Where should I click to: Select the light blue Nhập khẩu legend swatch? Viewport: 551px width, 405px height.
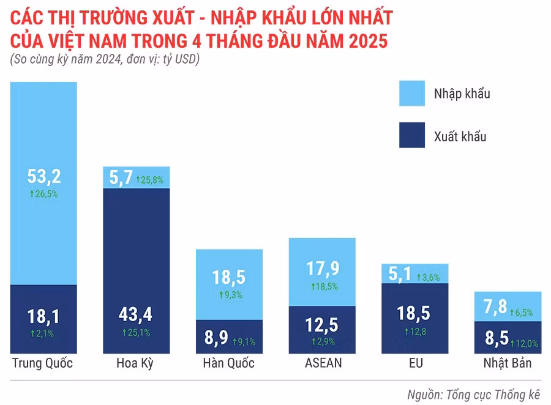(417, 94)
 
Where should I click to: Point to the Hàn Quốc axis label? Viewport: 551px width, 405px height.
(228, 363)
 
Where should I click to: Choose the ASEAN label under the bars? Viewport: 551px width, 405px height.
(323, 363)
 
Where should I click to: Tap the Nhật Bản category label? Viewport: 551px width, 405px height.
(508, 363)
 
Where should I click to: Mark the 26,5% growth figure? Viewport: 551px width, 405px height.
(43, 193)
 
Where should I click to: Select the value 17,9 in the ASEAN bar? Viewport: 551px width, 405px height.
(322, 269)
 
